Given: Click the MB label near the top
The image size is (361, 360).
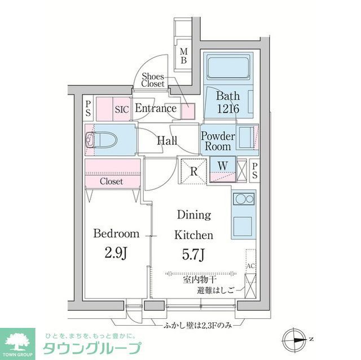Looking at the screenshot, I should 183,57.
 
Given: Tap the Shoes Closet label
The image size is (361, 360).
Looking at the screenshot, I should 152,80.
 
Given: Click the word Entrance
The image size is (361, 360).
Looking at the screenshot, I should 156,108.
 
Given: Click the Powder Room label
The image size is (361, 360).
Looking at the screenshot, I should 218,141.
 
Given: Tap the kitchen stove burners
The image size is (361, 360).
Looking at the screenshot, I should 244,200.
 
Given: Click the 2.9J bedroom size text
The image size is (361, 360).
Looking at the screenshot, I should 116,252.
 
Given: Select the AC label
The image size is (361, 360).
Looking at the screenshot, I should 250,264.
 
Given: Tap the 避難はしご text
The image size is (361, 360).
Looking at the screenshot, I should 215,291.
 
